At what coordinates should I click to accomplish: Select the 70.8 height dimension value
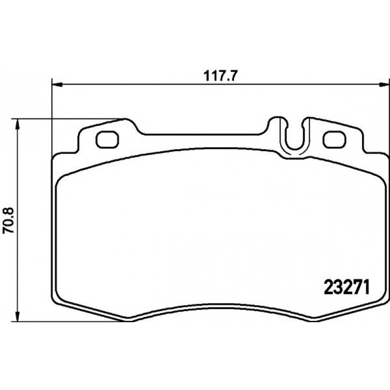9,220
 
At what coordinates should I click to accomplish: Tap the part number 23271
347,287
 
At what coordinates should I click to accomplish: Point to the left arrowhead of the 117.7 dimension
57,85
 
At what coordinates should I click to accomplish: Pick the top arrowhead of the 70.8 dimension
17,124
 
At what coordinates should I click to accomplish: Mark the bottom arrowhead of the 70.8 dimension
17,316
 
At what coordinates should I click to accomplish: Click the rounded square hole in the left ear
107,140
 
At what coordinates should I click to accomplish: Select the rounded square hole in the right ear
334,140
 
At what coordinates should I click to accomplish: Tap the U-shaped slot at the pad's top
295,149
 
